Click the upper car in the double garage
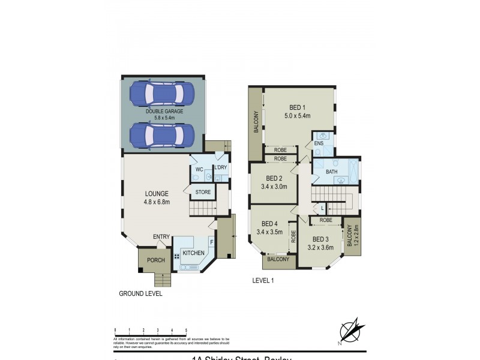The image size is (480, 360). click(162, 94)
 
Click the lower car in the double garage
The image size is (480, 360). click(162, 135)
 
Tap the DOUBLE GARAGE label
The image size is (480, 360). click(164, 112)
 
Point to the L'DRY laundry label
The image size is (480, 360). click(220, 167)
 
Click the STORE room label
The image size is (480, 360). click(203, 192)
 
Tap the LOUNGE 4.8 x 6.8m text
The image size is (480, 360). click(155, 197)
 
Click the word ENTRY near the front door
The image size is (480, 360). click(161, 236)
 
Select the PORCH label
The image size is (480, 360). click(155, 260)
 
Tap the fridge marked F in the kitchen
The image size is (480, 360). click(211, 242)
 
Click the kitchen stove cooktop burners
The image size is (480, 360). click(177, 256)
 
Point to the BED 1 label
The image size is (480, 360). click(297, 108)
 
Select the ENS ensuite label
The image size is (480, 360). click(319, 144)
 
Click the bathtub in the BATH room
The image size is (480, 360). click(354, 170)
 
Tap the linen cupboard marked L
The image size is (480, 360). click(323, 208)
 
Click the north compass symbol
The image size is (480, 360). click(350, 331)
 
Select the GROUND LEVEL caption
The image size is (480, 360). click(140, 294)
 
